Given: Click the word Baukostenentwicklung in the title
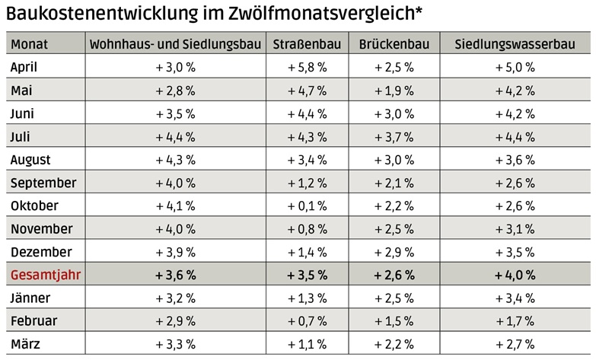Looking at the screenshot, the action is click(102, 13).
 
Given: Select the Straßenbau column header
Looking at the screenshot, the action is click(307, 44).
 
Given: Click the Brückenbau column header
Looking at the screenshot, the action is click(394, 44).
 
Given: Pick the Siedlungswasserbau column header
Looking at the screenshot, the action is click(515, 44).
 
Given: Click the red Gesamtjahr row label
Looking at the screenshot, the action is click(46, 275).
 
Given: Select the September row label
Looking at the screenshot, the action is click(43, 183).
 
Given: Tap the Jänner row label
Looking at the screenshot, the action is click(30, 298).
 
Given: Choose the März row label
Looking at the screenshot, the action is click(25, 344).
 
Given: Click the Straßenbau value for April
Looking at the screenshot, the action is click(307, 67).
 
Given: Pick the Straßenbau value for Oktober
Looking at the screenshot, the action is click(307, 206).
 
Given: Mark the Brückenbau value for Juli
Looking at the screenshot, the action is click(394, 137).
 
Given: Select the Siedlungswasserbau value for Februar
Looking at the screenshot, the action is click(515, 321).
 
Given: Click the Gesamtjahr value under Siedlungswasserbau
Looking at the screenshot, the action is click(515, 276).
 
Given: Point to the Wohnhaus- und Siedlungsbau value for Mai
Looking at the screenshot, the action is click(176, 91).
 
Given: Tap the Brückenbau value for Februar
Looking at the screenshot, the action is click(394, 321).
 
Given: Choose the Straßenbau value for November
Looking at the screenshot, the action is click(307, 229).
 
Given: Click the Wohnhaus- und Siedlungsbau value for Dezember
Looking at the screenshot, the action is click(176, 252).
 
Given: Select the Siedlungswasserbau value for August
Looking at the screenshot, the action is click(515, 160).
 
